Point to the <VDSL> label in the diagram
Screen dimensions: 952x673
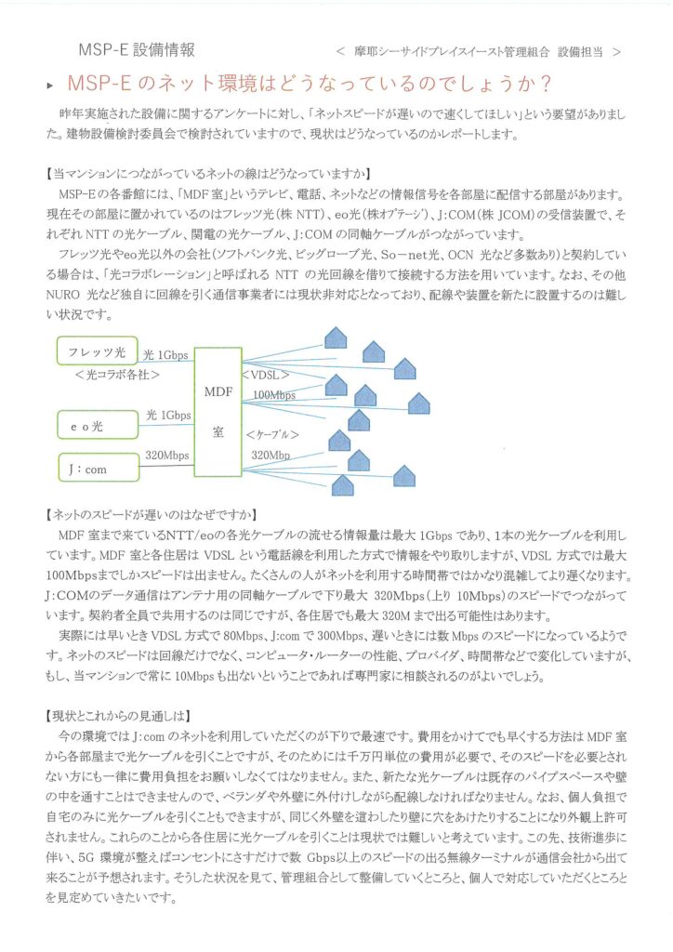point(267,376)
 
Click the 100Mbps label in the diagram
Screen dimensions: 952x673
point(273,395)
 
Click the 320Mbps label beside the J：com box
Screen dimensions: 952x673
point(167,456)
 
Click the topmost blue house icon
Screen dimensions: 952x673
point(335,336)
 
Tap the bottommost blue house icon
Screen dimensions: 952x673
point(344,485)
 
